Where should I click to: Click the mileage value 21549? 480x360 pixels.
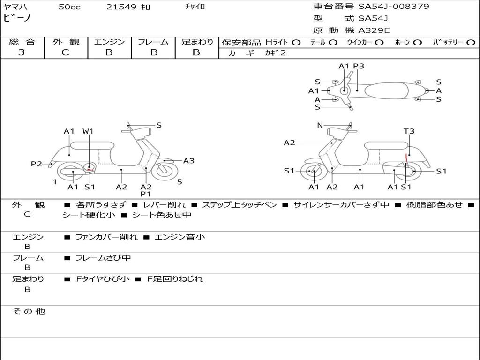click(x=121, y=7)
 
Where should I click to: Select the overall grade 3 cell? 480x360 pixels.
click(x=22, y=52)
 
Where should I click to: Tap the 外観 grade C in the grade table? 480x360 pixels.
click(x=65, y=52)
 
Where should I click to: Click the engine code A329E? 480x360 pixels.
click(x=374, y=31)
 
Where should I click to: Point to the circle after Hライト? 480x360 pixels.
click(x=296, y=42)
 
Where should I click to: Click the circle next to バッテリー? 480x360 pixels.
click(x=471, y=42)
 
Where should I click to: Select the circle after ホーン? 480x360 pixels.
click(x=418, y=42)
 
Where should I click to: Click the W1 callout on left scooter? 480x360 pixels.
click(x=88, y=131)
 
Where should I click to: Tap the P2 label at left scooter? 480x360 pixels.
click(x=37, y=164)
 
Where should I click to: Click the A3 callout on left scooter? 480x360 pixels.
click(x=188, y=161)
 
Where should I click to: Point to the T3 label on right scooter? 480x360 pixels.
click(x=409, y=131)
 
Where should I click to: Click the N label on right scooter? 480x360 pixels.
click(x=320, y=125)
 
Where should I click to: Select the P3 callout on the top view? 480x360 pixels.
click(x=359, y=66)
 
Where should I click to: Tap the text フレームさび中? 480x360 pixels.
click(x=103, y=258)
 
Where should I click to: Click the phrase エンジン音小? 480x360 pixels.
click(x=180, y=237)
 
